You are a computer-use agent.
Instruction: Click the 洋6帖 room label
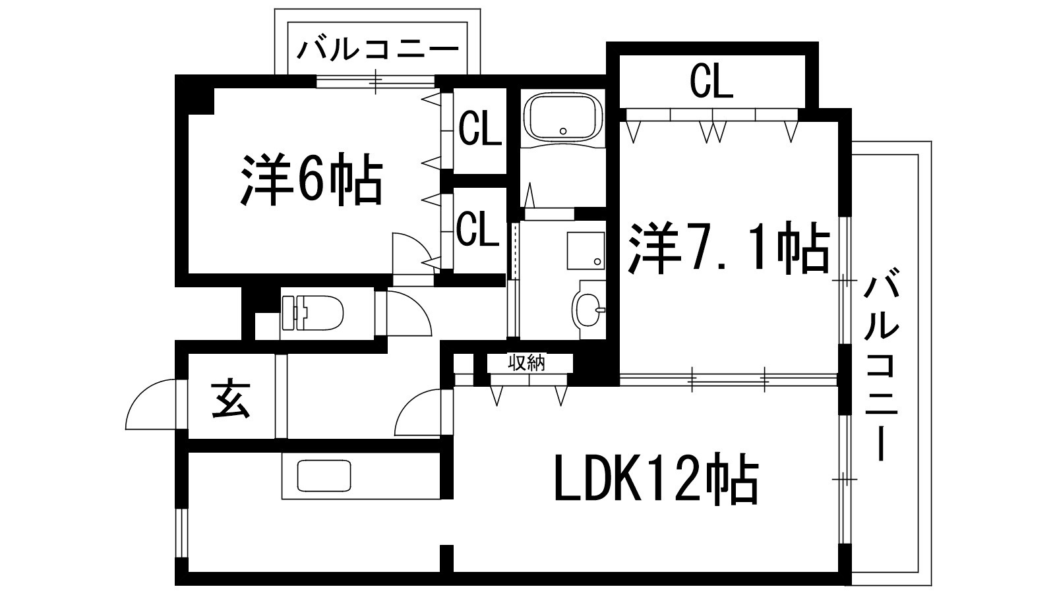click(x=311, y=181)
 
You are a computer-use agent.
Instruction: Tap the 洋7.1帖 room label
click(x=728, y=248)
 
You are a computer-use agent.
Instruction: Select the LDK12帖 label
click(x=657, y=478)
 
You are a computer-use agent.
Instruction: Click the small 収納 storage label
click(x=527, y=363)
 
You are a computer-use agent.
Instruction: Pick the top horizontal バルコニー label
click(x=377, y=50)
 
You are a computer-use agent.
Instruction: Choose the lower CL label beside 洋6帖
click(x=477, y=229)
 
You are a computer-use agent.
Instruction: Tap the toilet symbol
click(x=312, y=312)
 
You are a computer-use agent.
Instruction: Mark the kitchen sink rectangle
click(x=324, y=475)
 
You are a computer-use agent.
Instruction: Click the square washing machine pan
click(x=586, y=250)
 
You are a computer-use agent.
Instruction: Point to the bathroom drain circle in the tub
click(x=563, y=131)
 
